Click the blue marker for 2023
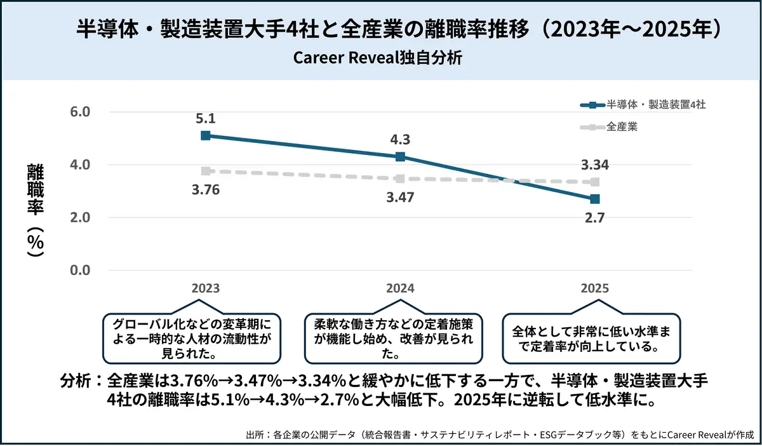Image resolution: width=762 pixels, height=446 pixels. [205, 135]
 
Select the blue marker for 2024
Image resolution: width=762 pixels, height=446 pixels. [400, 156]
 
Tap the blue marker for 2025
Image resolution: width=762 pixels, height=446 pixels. [594, 199]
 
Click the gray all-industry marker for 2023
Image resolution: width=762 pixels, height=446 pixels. [205, 171]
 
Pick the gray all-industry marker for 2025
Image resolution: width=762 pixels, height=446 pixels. [594, 182]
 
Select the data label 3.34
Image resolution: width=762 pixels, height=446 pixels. [594, 165]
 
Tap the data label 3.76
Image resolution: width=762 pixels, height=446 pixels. [205, 190]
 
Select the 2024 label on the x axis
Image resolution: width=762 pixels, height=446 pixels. [400, 288]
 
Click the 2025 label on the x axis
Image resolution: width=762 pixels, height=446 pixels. [594, 288]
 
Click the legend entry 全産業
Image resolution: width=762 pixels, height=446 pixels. [622, 127]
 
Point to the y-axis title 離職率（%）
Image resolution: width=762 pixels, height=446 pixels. [36, 210]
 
